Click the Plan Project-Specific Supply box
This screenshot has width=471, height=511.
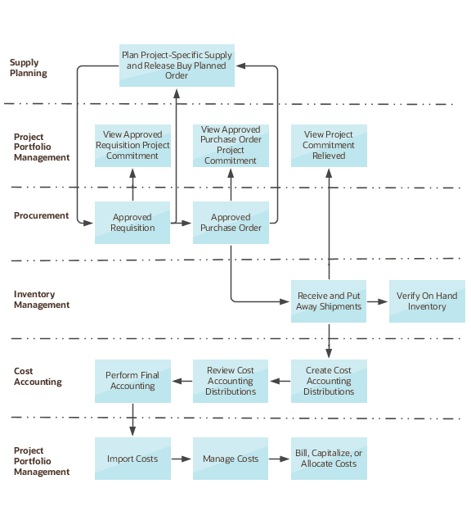point(177,66)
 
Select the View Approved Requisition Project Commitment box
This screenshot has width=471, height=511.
point(132,145)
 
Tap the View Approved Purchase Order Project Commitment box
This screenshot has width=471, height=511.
point(231,145)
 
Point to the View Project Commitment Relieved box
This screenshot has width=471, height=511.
point(329,145)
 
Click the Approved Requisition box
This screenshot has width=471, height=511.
point(132,222)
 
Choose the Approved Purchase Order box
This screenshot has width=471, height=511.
point(231,222)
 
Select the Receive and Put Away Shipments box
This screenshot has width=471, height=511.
point(329,301)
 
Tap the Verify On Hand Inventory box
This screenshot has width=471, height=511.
point(427,301)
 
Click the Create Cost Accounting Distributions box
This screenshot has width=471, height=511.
point(329,381)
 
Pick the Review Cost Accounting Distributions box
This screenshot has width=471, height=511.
point(231,381)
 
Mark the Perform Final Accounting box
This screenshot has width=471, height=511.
point(132,381)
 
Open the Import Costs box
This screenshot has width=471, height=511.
point(132,459)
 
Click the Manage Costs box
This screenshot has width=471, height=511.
point(231,459)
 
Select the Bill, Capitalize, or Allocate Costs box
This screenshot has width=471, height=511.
point(329,459)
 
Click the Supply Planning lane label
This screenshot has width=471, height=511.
point(29,68)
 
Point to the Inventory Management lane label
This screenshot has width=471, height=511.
point(42,300)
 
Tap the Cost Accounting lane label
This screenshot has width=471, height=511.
point(38,377)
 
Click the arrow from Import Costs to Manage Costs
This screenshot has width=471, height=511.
point(182,459)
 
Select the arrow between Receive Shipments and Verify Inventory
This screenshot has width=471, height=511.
point(377,301)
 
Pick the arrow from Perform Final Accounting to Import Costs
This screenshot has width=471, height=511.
point(132,419)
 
